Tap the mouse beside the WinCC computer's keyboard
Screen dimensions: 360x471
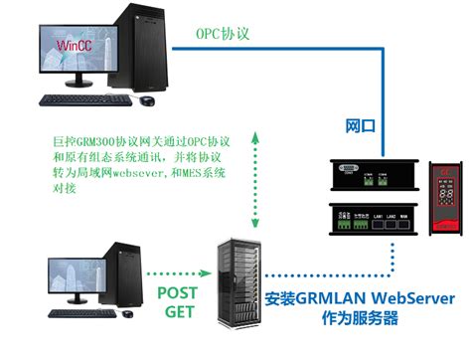[147, 100]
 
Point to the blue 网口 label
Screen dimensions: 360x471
[361, 126]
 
